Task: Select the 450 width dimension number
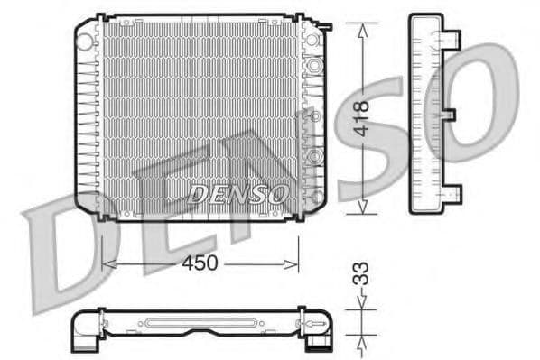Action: coord(200,263)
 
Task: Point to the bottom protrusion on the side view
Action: coord(453,193)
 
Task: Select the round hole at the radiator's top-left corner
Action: coord(86,39)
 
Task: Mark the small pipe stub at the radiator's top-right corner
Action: coord(329,24)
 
